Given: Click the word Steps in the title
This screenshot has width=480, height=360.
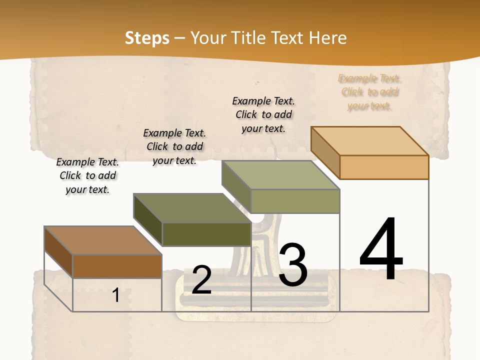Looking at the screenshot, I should (147, 38).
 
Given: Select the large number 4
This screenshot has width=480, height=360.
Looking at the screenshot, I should (381, 249).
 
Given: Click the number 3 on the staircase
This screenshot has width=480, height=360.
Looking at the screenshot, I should (292, 265).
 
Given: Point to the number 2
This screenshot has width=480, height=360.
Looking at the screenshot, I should (201, 280).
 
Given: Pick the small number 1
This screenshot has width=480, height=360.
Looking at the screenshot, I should (116, 295).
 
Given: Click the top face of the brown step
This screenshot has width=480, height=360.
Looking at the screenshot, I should (102, 240).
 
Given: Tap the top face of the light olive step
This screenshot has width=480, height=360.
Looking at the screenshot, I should (280, 175).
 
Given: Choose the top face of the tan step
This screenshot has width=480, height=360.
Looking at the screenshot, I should (369, 141).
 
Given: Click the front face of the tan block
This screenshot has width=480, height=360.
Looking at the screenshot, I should (384, 167).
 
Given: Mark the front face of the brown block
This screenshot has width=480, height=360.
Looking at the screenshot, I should (117, 266).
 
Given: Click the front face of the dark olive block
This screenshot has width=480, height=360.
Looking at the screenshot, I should (206, 234).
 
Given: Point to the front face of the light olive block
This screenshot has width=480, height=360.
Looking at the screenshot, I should (295, 201).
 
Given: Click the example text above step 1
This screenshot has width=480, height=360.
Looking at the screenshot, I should (87, 175).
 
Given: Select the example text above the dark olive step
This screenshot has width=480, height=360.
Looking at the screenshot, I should (174, 146).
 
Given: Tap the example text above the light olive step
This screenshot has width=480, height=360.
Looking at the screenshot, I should (263, 114).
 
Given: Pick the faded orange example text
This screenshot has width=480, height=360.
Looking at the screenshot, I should (369, 92).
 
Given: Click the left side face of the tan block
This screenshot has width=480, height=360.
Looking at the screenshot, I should (325, 152).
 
